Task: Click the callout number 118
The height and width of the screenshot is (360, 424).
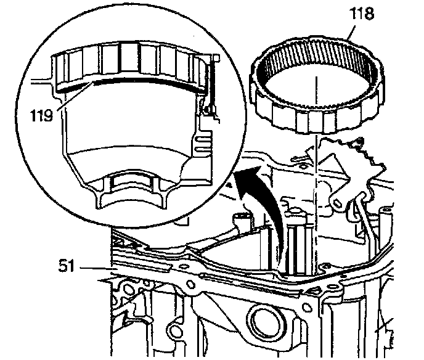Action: pos(362,14)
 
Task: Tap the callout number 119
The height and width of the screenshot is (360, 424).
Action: pos(41,115)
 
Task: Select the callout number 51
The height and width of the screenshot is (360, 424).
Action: pos(67,266)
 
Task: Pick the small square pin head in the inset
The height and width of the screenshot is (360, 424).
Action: pos(216,57)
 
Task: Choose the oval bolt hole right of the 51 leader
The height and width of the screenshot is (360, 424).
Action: pos(190,284)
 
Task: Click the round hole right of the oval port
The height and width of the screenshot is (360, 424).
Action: pos(306,307)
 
